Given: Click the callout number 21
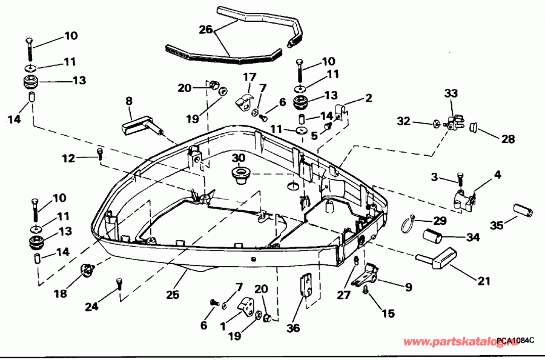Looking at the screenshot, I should pos(484,281).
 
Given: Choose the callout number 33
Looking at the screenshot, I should pos(451,94).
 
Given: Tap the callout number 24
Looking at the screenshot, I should pos(92,307).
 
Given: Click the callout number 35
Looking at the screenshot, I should pos(496,226).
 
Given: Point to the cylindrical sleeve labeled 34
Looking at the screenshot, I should pos(437,236).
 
